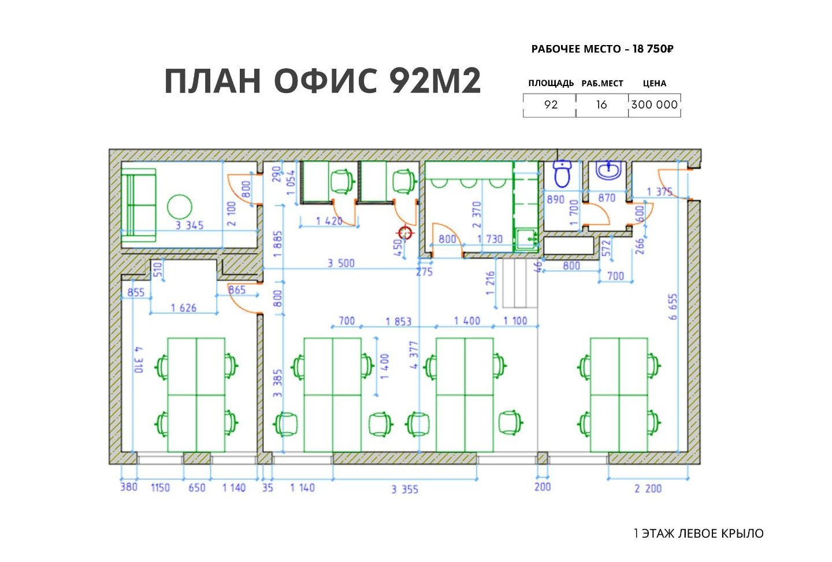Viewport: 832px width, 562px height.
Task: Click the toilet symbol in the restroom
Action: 562,173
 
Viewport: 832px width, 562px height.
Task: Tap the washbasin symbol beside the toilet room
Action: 608,170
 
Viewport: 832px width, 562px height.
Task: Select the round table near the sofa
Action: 180,206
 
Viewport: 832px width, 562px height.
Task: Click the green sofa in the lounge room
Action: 139,205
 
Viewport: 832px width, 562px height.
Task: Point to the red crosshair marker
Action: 405,233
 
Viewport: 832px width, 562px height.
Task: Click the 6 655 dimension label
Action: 673,307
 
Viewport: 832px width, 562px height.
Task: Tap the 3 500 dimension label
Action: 341,263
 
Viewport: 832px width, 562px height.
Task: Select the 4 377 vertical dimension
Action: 414,355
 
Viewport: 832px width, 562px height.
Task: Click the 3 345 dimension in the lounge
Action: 190,225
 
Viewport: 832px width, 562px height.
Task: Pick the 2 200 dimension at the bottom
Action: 648,489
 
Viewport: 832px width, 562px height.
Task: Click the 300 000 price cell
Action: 655,105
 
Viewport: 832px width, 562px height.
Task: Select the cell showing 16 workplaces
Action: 601,105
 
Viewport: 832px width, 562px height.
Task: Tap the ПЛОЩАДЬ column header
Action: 551,83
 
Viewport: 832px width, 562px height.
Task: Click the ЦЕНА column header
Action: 655,83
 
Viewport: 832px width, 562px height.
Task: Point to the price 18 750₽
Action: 653,49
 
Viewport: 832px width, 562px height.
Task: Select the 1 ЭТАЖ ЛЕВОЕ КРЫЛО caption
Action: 699,534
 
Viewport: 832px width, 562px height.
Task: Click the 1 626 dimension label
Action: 184,308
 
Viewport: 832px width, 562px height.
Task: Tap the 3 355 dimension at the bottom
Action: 405,490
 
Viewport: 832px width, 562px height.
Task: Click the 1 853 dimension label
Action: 399,322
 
